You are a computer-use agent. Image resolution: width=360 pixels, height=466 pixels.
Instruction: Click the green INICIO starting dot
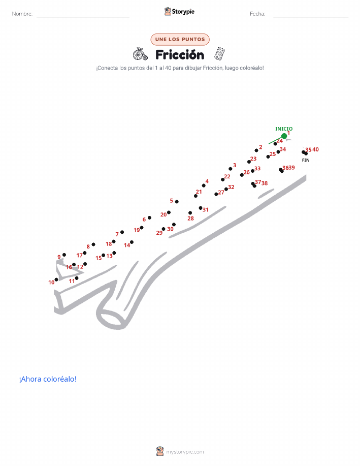284,136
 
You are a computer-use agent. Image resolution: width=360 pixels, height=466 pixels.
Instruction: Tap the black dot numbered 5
177,202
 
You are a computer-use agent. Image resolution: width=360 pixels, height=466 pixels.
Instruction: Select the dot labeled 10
56,279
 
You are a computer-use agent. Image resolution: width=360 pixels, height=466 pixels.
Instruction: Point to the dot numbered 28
190,213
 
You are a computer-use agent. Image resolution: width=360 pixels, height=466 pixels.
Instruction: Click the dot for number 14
132,242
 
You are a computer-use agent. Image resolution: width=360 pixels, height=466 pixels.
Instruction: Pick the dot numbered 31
201,208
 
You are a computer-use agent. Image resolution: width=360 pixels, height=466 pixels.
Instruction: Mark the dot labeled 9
64,255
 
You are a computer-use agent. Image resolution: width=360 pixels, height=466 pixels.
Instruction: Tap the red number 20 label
163,214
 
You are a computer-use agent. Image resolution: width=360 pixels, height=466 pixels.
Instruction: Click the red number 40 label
315,149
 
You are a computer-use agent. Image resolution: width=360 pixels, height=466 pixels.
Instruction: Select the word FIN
306,160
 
